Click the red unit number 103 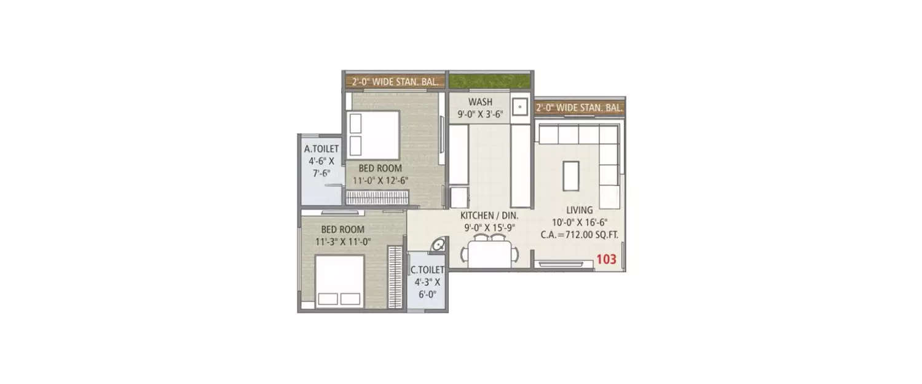pos(606,259)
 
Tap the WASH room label pos(480,101)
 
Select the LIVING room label pos(580,210)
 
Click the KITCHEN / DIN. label pos(490,216)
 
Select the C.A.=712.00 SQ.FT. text pos(579,233)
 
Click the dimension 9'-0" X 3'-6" pos(479,113)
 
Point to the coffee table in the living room pos(571,175)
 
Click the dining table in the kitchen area pos(489,253)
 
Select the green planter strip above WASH pos(490,80)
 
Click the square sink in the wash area pos(520,107)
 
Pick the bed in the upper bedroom pos(374,133)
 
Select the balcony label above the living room pos(579,108)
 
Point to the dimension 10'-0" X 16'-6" pos(580,221)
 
